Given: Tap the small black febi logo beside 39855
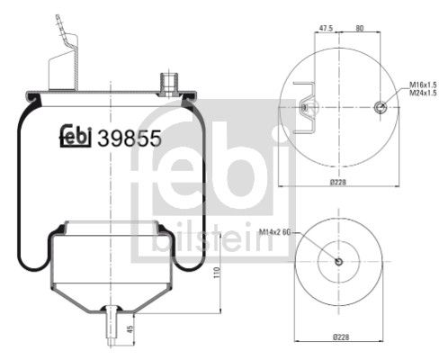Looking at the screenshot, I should (x=76, y=137).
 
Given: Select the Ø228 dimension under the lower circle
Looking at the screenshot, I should (x=338, y=338).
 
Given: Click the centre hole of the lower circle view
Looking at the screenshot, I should (x=338, y=262).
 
